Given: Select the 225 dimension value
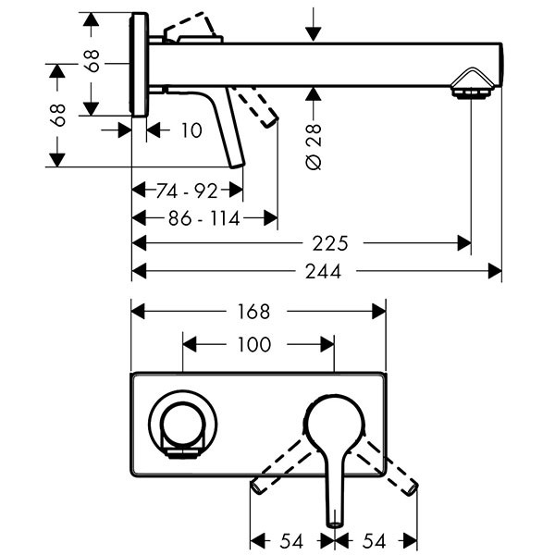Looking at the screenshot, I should click(330, 244).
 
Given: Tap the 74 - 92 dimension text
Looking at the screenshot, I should click(187, 191).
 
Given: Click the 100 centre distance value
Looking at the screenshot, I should click(253, 344).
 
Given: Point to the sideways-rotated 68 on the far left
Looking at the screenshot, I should click(57, 115).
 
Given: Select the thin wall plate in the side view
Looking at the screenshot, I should click(139, 65).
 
